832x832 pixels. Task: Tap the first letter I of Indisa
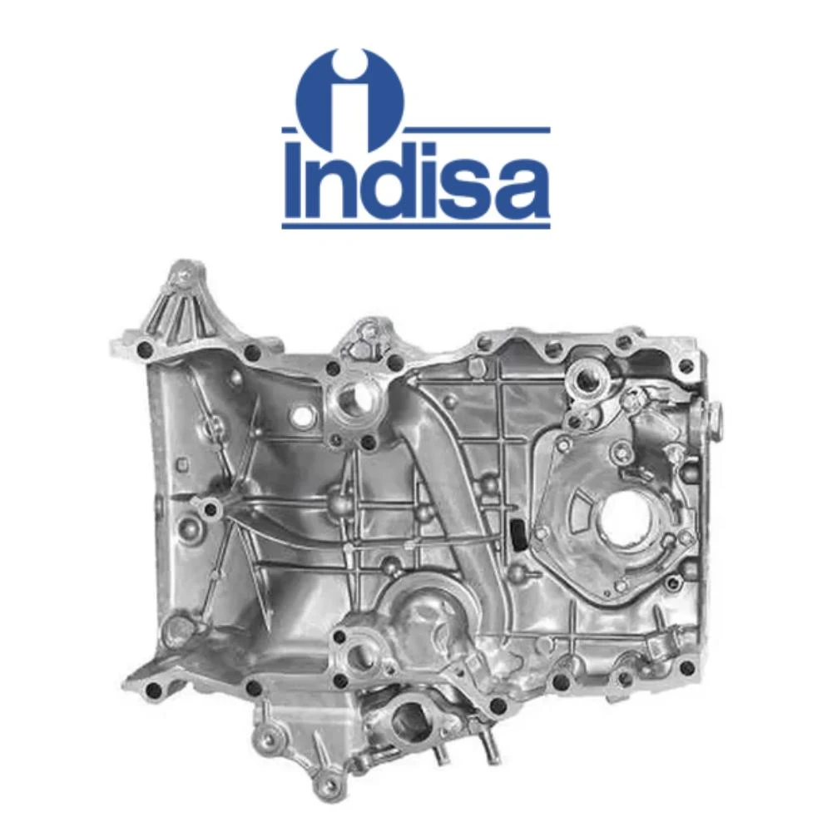point(294,180)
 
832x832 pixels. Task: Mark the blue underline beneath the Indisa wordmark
point(416,226)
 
